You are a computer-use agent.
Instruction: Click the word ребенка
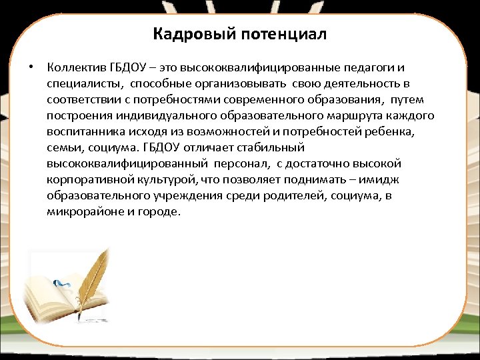point(397,132)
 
